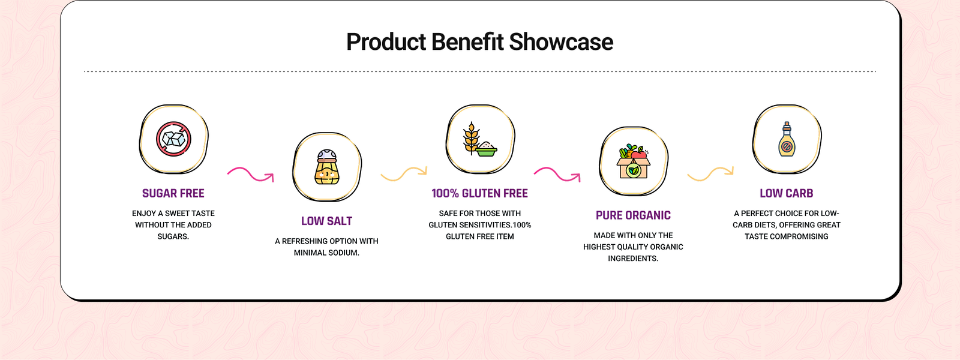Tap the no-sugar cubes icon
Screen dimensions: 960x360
[173, 139]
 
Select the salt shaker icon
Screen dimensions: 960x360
[327, 167]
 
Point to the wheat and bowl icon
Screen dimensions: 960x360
[480, 139]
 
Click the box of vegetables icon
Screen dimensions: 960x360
[634, 161]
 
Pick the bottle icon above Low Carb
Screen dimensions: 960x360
[787, 139]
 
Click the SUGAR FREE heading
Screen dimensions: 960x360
[173, 193]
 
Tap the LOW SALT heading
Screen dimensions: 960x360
[326, 221]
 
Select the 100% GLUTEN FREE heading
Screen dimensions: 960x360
[479, 193]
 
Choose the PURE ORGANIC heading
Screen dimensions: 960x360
[633, 215]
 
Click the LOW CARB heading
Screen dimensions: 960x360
[787, 193]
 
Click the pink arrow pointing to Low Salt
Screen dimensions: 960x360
[250, 175]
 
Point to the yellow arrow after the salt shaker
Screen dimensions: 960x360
[404, 173]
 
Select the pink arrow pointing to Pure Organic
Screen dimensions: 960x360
[557, 175]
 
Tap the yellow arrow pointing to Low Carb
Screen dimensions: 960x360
[710, 173]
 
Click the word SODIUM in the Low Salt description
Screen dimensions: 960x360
[344, 253]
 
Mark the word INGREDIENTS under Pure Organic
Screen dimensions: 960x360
[633, 259]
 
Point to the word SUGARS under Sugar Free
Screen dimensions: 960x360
[173, 236]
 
